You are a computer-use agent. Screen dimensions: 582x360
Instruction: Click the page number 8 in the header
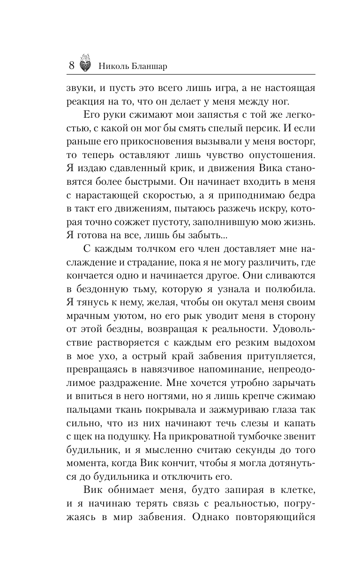tap(71, 65)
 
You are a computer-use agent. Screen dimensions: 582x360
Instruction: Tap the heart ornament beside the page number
tap(85, 63)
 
